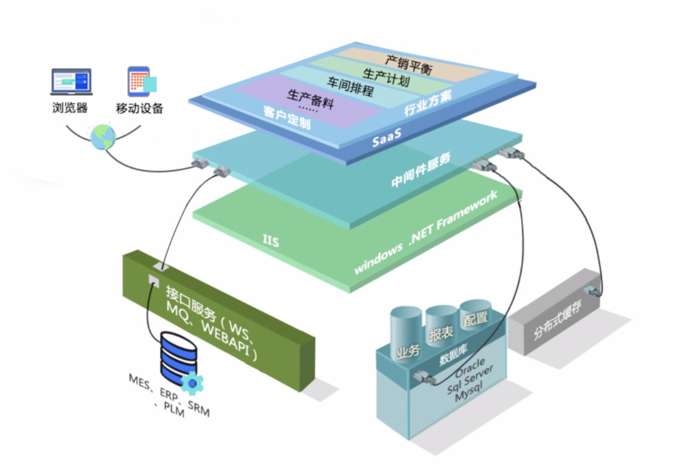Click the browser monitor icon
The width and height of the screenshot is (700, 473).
coord(71,82)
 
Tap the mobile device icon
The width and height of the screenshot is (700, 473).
coord(141,82)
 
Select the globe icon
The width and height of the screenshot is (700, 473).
coord(103,137)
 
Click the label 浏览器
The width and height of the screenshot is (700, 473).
coord(70,108)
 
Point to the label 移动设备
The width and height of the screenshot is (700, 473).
coord(140,108)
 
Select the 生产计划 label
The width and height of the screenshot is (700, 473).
coord(386,77)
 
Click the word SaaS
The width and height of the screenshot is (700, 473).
coord(387,139)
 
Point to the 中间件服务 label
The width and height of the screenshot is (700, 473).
coord(420,170)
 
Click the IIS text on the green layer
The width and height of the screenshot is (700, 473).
coord(271,240)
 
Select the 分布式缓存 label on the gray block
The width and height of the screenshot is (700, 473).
coord(557,319)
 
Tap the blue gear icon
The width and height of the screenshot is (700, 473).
coord(192,383)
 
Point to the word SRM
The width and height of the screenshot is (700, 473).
coord(199,409)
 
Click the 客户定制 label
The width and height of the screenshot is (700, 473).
coord(286,118)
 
